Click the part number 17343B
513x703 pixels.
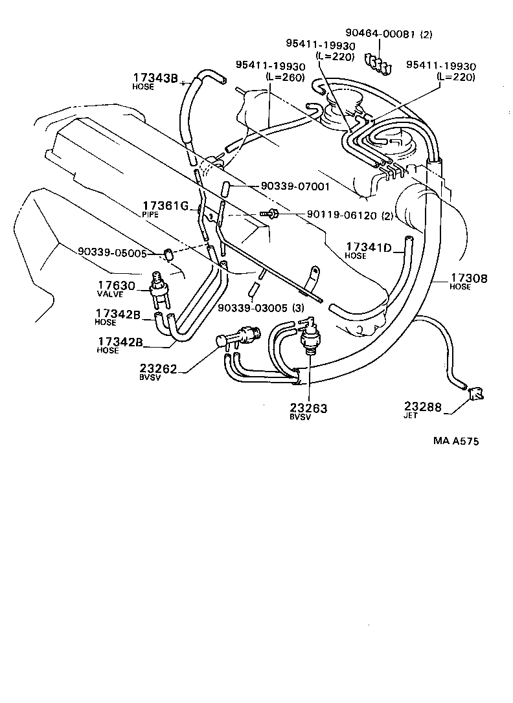point(155,78)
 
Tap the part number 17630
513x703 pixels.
point(116,285)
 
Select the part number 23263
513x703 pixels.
point(309,408)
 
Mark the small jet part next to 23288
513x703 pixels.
point(476,394)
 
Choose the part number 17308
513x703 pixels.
point(469,278)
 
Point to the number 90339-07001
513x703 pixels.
point(296,186)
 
